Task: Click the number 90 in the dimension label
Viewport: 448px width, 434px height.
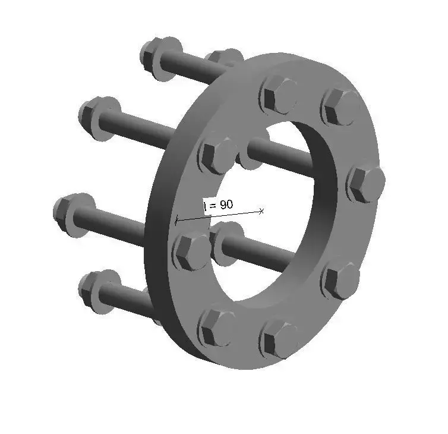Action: point(226,205)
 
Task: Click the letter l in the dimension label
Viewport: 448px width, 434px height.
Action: point(205,206)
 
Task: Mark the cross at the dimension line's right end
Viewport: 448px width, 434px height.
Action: point(261,210)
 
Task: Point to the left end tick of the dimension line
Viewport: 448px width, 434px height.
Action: point(176,221)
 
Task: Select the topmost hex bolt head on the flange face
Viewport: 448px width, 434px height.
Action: point(278,95)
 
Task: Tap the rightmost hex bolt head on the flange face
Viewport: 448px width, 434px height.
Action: point(365,184)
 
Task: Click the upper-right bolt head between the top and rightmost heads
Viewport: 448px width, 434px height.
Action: point(340,108)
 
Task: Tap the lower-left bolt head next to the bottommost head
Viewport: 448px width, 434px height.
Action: point(215,326)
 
